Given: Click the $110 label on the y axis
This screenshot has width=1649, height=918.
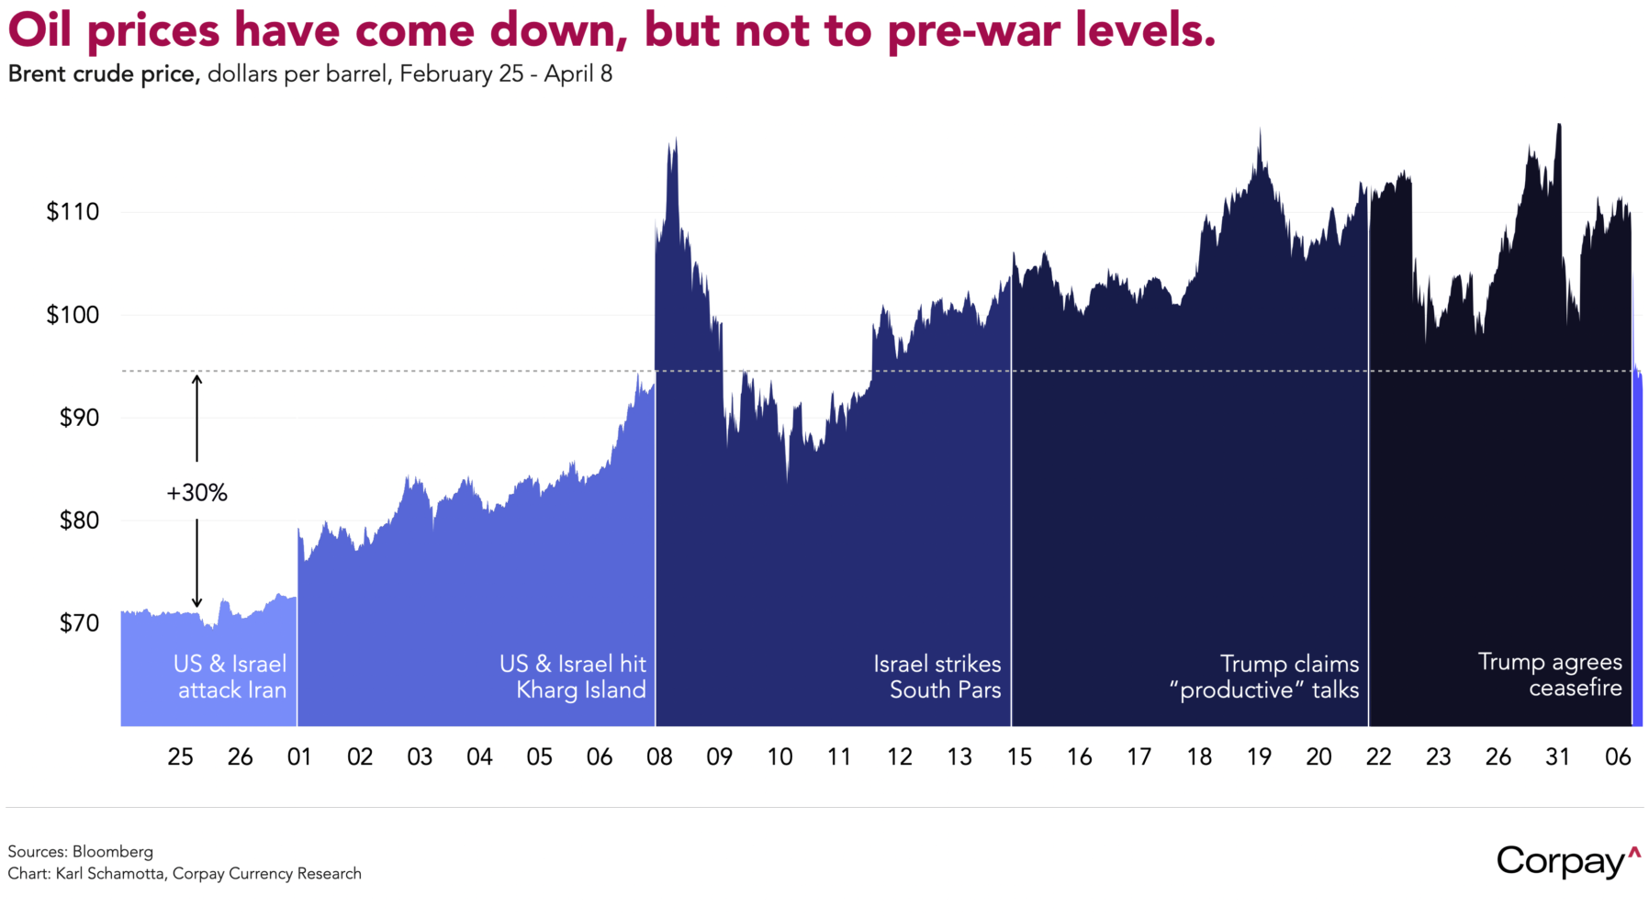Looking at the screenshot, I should (x=73, y=212).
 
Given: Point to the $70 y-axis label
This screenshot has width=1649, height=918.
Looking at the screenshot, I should (x=79, y=623).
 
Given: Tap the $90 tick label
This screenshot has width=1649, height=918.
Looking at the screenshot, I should (x=79, y=418).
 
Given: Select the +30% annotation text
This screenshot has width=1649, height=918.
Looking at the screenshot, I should (x=196, y=493).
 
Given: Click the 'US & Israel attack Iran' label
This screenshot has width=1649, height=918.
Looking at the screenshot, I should (x=230, y=677).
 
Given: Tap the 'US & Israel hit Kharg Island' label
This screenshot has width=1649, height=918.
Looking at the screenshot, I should (x=573, y=677).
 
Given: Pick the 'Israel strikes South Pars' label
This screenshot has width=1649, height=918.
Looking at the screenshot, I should (x=937, y=677).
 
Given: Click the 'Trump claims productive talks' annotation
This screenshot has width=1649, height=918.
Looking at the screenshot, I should (x=1264, y=677).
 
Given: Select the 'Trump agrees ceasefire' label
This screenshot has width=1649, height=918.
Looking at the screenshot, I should (x=1550, y=675).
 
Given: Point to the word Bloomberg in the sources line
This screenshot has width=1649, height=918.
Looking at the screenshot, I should (x=112, y=852).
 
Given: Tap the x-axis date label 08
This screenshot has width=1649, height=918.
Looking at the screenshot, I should (x=659, y=757).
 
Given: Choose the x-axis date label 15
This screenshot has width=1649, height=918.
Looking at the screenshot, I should (x=1019, y=757).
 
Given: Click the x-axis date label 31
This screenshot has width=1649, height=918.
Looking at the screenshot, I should (x=1558, y=757).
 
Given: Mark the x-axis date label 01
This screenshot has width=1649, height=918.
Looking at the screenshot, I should (x=299, y=757).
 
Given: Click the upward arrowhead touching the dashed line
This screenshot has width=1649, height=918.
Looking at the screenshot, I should (x=196, y=379).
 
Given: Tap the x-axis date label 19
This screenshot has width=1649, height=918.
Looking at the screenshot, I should (x=1259, y=757).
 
